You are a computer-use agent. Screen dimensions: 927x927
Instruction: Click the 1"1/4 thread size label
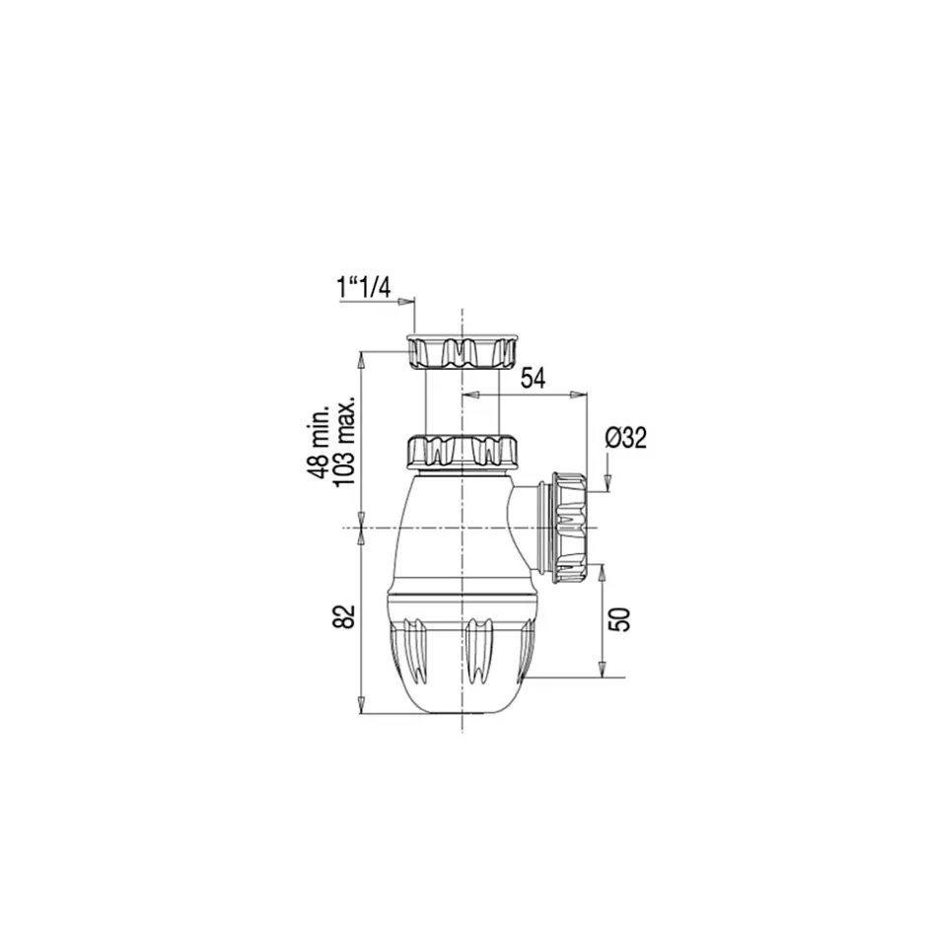[364, 289]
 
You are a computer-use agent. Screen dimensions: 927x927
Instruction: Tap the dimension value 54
[533, 379]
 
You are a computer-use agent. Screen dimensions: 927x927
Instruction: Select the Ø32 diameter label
[626, 438]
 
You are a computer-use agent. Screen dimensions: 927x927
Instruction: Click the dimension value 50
[619, 619]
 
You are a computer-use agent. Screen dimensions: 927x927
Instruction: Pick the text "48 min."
[319, 442]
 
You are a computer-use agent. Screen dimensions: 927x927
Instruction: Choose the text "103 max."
[345, 442]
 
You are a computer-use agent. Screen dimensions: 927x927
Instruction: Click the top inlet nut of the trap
[462, 352]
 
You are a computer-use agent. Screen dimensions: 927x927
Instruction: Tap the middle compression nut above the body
[462, 452]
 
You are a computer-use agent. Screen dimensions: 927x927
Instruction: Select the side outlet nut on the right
[570, 528]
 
